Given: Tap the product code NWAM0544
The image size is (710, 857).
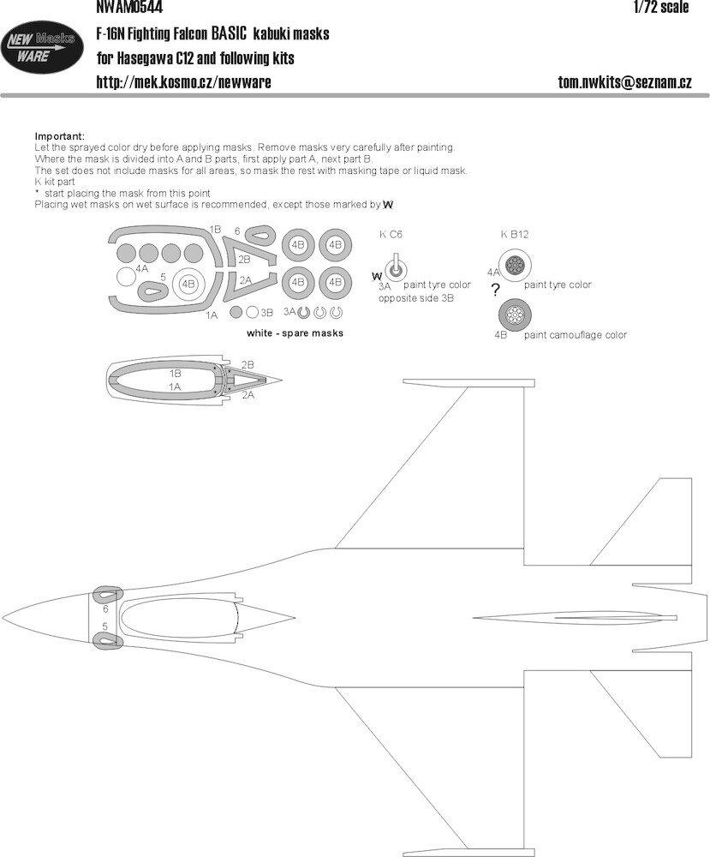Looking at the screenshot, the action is (x=128, y=7).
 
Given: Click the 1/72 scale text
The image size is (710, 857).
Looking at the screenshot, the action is (x=661, y=7).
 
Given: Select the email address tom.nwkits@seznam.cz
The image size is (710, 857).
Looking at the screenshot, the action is (x=625, y=82).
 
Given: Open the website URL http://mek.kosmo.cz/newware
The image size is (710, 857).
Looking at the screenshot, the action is (x=183, y=82).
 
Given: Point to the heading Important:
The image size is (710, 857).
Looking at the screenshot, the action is (x=60, y=136).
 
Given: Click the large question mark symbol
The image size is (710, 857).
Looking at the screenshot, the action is (x=495, y=291).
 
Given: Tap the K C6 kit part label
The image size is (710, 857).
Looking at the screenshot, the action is (x=391, y=234).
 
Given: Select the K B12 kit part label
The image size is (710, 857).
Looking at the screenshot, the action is (x=515, y=234).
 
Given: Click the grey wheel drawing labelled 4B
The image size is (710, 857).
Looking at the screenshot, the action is (x=515, y=315).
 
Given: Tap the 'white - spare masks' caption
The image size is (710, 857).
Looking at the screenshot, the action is (x=295, y=333).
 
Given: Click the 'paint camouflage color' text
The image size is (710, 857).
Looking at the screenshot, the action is (x=575, y=335).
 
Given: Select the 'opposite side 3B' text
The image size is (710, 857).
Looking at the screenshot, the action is (x=415, y=298).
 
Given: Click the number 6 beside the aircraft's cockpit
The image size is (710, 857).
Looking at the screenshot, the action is (x=105, y=608).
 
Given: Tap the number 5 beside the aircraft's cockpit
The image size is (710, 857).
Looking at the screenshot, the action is (x=104, y=627).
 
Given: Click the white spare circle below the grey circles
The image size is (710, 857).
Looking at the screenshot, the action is (x=126, y=277).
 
